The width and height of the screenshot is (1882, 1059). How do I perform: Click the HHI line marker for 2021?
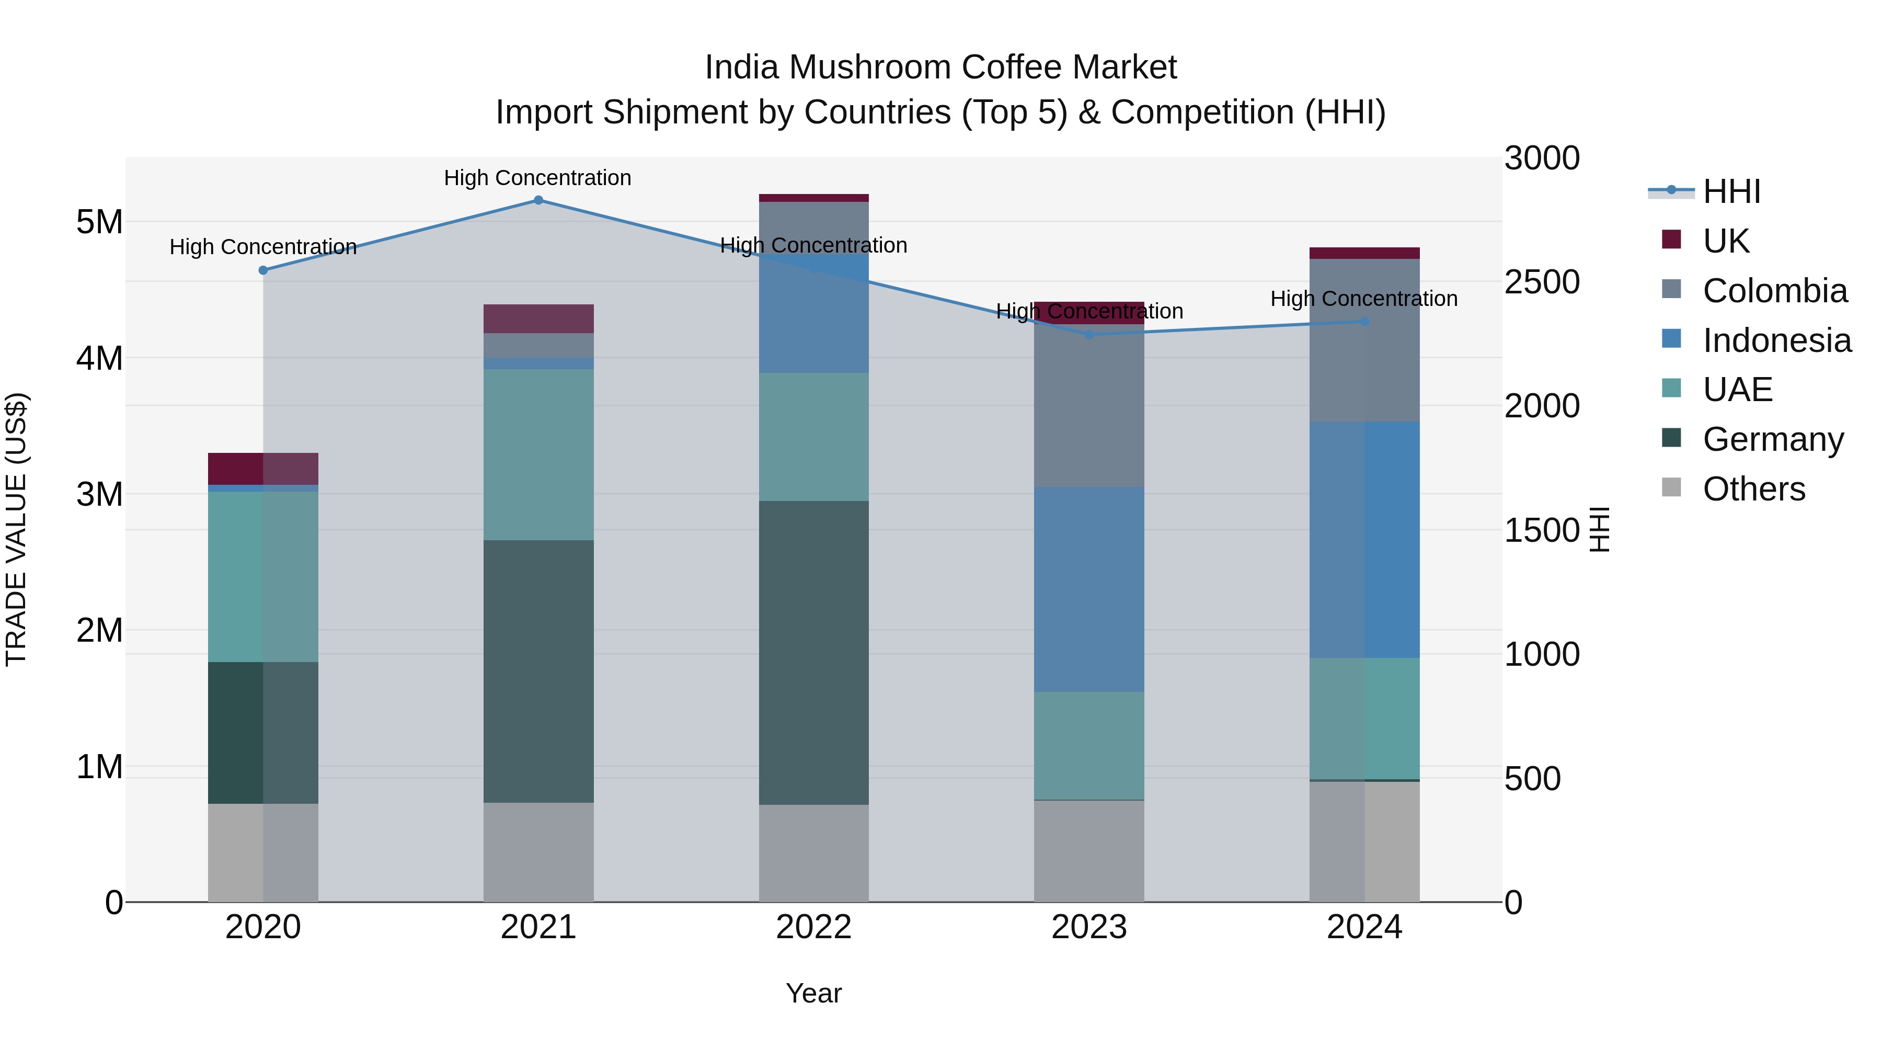[538, 200]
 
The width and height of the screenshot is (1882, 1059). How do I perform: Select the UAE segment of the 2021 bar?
[538, 454]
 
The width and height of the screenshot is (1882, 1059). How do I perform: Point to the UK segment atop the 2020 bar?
[263, 469]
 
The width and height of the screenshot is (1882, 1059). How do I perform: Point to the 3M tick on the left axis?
[99, 495]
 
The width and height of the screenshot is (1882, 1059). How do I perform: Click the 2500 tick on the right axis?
[1542, 282]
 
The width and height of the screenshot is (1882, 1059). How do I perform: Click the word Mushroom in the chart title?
[869, 67]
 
